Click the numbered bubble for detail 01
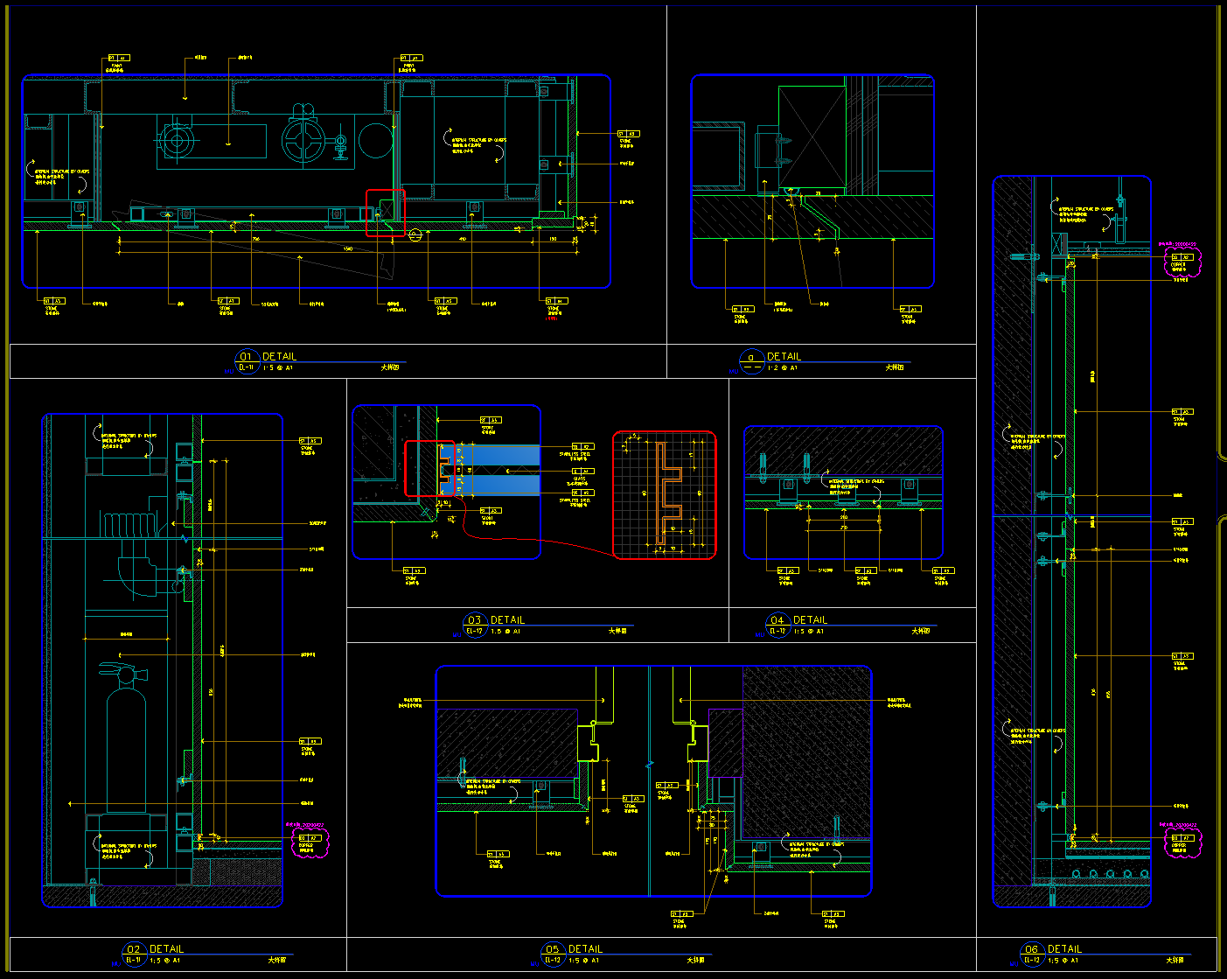point(246,357)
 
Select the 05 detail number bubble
point(552,949)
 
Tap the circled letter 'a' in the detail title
point(750,357)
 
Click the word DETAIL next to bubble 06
point(1064,949)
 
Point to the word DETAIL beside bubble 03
point(507,620)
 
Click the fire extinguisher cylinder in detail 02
point(126,744)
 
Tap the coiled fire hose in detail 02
point(130,526)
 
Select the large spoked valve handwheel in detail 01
point(303,139)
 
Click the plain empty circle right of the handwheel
point(375,140)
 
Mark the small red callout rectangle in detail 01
point(385,213)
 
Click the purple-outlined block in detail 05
point(725,743)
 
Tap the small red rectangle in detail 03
point(429,469)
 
